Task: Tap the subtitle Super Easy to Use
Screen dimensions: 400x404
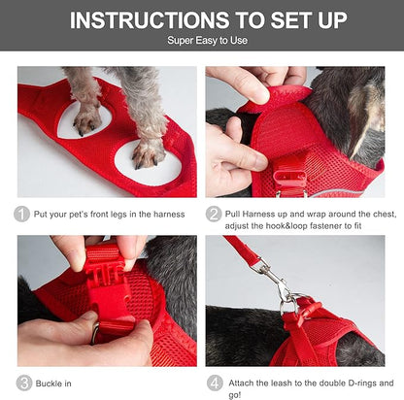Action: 202,42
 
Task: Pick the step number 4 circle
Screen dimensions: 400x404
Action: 215,383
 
